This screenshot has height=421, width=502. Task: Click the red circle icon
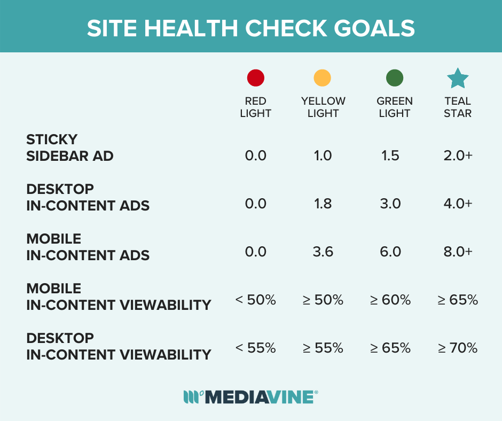[x=256, y=79]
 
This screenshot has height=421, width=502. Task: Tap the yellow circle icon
[x=323, y=79]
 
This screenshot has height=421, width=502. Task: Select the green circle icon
[x=395, y=79]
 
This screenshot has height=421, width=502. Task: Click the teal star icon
[x=458, y=79]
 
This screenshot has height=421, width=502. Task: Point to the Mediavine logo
[x=251, y=396]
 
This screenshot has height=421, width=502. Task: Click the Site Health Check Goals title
[x=251, y=28]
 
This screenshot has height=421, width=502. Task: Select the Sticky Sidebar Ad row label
[x=69, y=148]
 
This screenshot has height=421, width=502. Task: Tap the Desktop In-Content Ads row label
[x=88, y=197]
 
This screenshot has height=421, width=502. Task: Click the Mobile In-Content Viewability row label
[x=119, y=297]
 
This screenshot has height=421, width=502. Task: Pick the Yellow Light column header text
[x=323, y=107]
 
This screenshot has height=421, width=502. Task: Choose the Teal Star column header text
[x=458, y=107]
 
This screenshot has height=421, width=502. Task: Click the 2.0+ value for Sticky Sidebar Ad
[x=458, y=155]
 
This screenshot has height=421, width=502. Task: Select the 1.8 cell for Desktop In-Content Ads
[x=323, y=204]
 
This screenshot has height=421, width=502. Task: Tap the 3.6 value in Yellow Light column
[x=323, y=252]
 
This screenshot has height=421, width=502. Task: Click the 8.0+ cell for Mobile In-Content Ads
[x=458, y=252]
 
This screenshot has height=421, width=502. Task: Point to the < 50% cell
[x=256, y=300]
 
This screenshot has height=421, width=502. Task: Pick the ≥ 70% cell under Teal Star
[x=458, y=348]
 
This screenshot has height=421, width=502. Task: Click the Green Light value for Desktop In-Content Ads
[x=390, y=204]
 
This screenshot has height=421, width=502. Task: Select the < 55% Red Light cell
[x=256, y=348]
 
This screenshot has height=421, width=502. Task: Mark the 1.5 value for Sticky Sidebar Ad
[x=390, y=155]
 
